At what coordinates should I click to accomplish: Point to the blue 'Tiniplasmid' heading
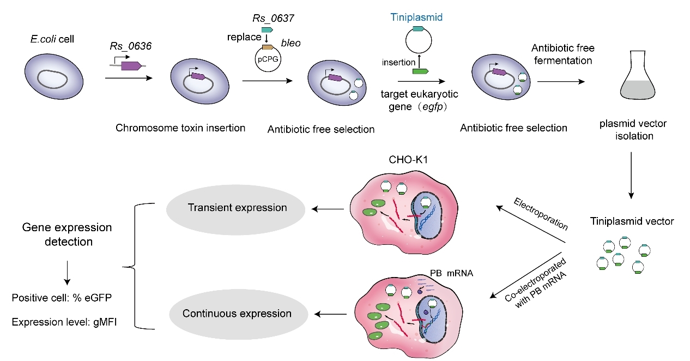(x=417, y=17)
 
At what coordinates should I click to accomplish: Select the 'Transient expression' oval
(x=237, y=208)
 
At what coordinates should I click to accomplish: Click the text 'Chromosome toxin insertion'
(x=180, y=128)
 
